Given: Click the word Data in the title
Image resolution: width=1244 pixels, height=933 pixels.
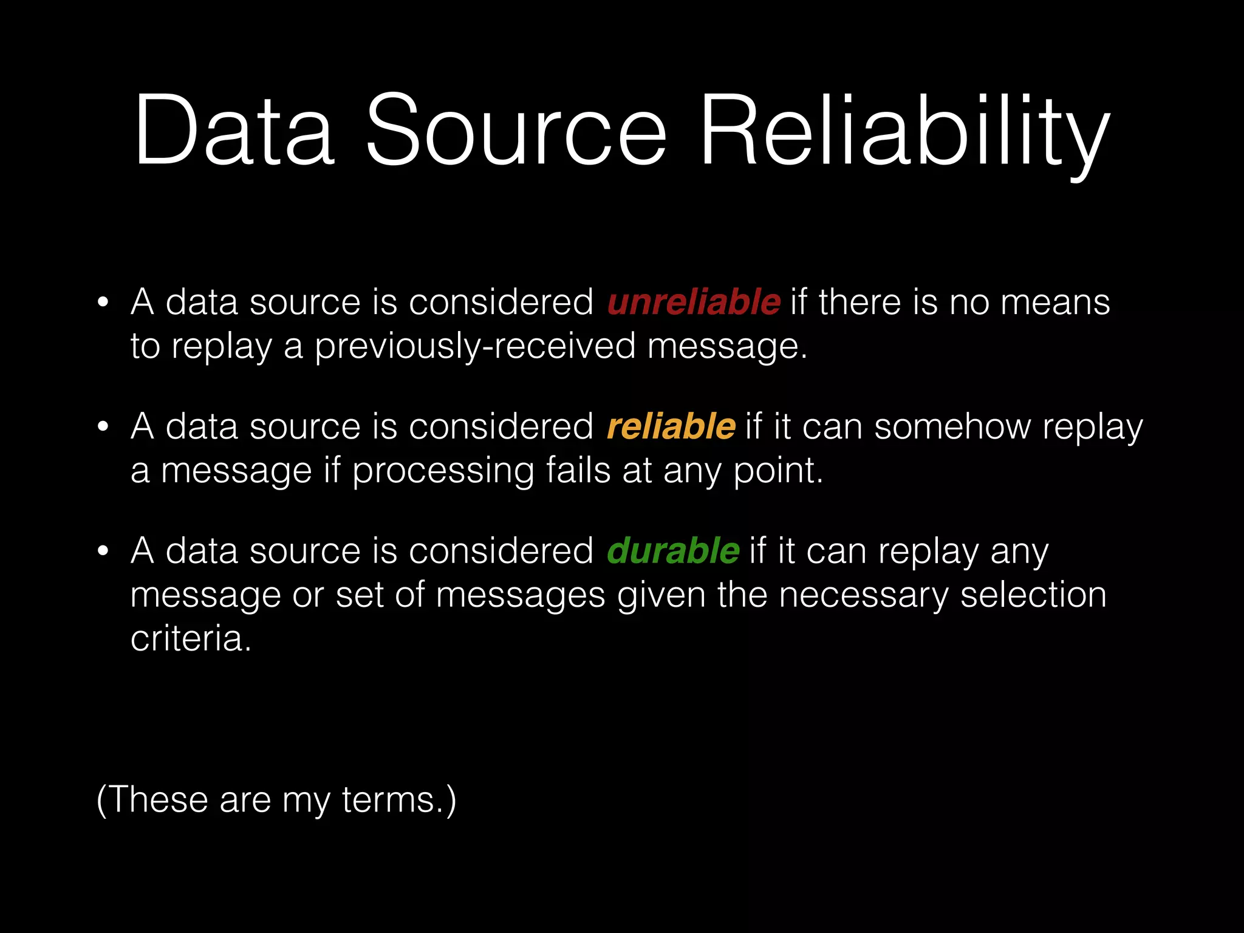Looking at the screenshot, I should point(234,131).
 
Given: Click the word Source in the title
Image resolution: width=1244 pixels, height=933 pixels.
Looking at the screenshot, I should point(516,131).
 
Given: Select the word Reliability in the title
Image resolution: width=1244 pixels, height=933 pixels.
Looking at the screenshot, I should point(905,131).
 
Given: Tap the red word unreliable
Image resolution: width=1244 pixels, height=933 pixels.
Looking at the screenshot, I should point(694,302).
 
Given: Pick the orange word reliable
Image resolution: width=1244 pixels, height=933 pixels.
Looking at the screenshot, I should point(671,426).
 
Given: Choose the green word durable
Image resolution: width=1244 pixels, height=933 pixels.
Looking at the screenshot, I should point(673,551).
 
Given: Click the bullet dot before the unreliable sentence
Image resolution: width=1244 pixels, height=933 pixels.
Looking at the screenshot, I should point(103,302).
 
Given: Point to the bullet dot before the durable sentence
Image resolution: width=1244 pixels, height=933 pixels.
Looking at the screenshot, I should point(103,552).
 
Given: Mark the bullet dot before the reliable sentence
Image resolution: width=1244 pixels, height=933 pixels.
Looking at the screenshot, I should point(103,427).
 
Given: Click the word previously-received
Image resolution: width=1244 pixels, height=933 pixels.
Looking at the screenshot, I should point(475,347).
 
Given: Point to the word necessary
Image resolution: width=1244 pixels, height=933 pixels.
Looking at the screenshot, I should point(863,595).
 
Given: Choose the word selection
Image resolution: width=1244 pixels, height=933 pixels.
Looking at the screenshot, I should point(1033,595).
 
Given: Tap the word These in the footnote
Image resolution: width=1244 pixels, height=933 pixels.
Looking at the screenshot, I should point(159,799).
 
